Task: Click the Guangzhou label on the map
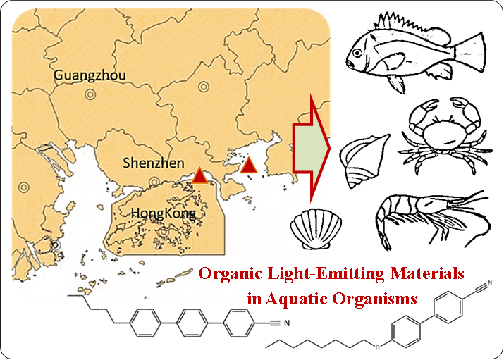[87, 75]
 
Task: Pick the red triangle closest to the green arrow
[248, 166]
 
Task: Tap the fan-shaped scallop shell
[310, 228]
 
